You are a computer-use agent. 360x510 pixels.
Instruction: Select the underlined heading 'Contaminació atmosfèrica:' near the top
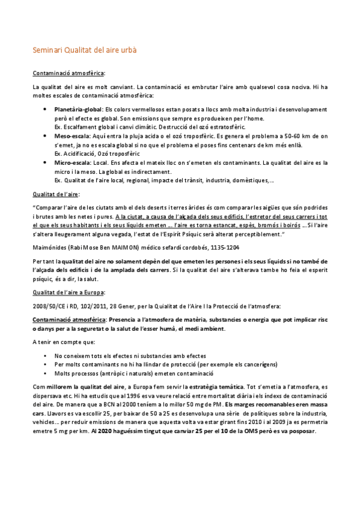click(x=69, y=73)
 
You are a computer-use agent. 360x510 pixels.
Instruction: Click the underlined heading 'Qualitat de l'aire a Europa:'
click(x=69, y=292)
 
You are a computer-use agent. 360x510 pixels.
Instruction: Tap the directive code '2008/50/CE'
click(x=49, y=306)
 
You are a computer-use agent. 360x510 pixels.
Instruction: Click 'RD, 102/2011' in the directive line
click(x=82, y=306)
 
